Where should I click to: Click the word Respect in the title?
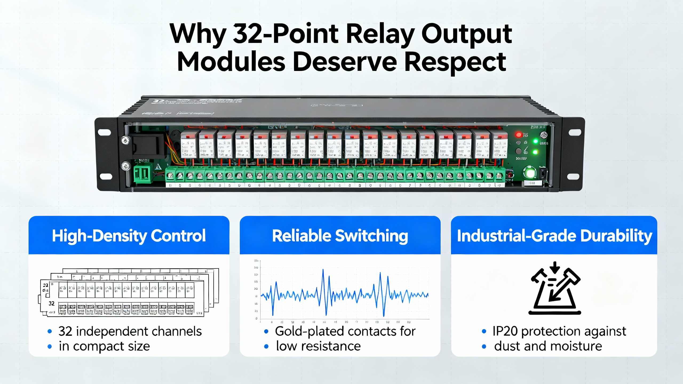455,62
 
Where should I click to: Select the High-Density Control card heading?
129,236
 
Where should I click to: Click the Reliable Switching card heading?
340,236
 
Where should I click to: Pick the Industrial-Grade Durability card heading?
554,236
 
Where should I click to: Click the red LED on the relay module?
519,134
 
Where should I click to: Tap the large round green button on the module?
530,173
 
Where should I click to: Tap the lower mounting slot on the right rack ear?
574,176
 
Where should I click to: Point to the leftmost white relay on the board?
189,145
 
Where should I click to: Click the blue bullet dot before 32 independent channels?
50,331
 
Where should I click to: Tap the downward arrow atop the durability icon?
555,267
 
